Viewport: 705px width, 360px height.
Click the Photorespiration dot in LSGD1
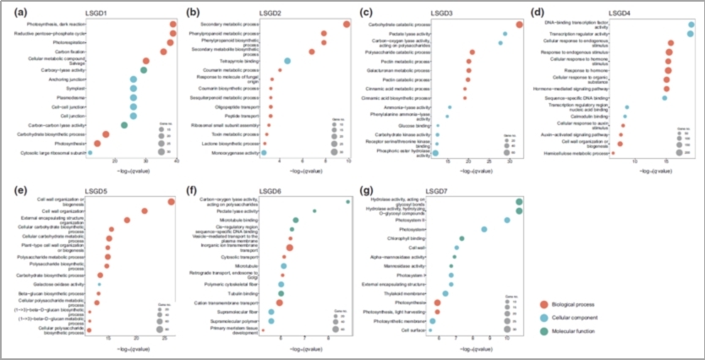click(x=170, y=42)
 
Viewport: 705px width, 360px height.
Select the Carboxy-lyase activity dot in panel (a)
click(x=144, y=70)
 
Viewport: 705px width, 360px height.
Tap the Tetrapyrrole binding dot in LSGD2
click(x=287, y=61)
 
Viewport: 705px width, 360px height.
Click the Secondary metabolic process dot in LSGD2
click(x=347, y=24)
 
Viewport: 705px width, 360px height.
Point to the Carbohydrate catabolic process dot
click(x=519, y=25)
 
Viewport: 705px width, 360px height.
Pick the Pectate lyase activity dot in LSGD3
click(x=505, y=34)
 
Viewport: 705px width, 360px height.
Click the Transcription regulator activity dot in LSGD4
click(x=691, y=34)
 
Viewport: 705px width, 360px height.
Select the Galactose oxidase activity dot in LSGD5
click(x=99, y=284)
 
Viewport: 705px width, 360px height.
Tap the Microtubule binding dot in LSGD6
click(x=295, y=220)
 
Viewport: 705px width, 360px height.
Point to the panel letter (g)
click(x=366, y=190)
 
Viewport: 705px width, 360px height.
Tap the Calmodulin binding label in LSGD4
click(x=599, y=117)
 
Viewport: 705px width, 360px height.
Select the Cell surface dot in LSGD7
click(x=433, y=330)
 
